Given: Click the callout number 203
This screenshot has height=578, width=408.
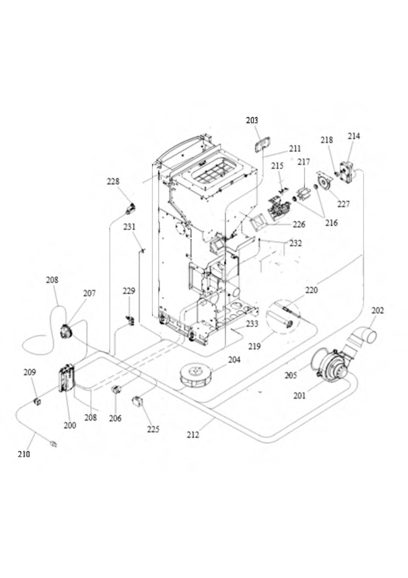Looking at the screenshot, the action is (x=252, y=120).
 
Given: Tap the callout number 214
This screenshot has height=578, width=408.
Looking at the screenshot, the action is (x=354, y=136).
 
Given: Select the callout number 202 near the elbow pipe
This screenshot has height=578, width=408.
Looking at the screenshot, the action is (x=378, y=311).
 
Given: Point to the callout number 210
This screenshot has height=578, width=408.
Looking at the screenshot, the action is (x=24, y=454).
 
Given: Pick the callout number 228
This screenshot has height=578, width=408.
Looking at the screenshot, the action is (x=113, y=181).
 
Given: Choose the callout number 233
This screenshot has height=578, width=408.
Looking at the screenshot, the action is (x=252, y=323).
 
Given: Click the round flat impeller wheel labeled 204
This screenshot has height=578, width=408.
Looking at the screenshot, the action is (x=196, y=375).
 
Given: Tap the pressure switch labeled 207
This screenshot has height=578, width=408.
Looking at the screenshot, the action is (x=66, y=331).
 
